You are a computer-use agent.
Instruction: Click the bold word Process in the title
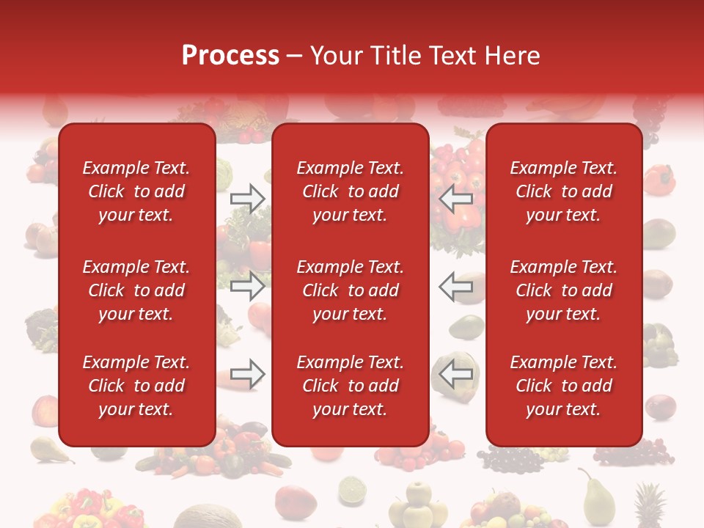(230, 56)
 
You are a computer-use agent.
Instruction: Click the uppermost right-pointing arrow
(248, 199)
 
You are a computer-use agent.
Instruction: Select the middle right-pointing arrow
(248, 286)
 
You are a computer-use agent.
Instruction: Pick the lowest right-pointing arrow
(248, 374)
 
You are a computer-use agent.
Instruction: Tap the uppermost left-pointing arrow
(456, 199)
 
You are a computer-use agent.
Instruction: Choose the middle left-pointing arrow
(456, 286)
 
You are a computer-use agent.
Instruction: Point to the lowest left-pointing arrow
(456, 374)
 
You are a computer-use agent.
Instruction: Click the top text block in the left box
(136, 191)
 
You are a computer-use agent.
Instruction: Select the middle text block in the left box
(136, 290)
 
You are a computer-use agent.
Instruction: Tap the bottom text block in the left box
(136, 386)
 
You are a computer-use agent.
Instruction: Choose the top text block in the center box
(350, 191)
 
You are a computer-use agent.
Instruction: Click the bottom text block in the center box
(350, 386)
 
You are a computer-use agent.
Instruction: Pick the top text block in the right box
(563, 191)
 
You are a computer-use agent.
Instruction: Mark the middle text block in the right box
(563, 290)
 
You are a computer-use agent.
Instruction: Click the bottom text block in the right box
(563, 386)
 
